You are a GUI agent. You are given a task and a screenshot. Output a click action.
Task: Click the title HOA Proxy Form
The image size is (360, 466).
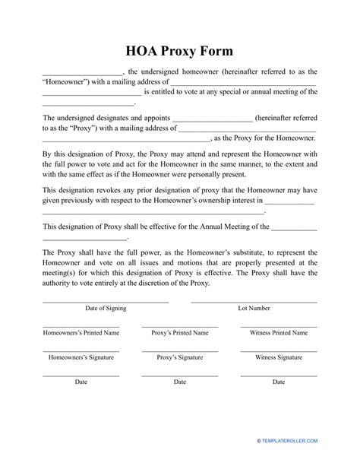pos(180,51)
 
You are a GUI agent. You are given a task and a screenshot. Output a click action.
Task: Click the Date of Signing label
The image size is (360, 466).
pos(106,309)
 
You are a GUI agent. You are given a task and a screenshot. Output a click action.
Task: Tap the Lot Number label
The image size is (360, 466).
pos(254,309)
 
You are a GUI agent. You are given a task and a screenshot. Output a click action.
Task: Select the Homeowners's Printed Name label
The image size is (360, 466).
pos(81,333)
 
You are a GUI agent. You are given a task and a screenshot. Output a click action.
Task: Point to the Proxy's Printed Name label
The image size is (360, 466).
pos(179,333)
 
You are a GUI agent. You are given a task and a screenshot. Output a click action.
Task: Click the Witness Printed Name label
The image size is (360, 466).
pos(279,333)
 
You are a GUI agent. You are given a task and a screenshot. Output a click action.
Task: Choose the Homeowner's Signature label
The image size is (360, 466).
pos(81,357)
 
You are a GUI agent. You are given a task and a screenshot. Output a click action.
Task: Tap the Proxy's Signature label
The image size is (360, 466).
pos(179,357)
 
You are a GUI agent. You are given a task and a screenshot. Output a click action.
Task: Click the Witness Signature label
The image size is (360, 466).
pos(279,357)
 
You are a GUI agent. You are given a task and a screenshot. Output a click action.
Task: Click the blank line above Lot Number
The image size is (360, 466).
pos(254,302)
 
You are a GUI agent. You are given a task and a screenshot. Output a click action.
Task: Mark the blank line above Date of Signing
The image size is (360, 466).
pos(106,302)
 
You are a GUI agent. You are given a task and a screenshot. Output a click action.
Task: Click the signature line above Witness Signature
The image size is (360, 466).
pos(279,350)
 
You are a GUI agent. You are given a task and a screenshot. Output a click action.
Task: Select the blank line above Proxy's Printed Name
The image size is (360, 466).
pos(179,326)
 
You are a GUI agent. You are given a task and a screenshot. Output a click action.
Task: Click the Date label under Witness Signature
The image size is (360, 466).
pos(279,382)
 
